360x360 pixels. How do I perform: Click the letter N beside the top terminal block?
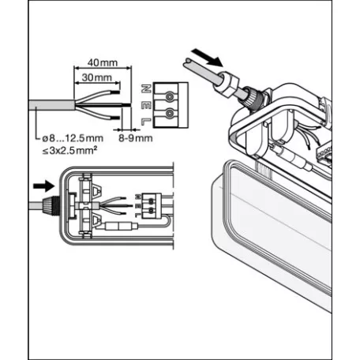click(145, 88)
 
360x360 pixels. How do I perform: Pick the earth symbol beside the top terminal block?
click(145, 103)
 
